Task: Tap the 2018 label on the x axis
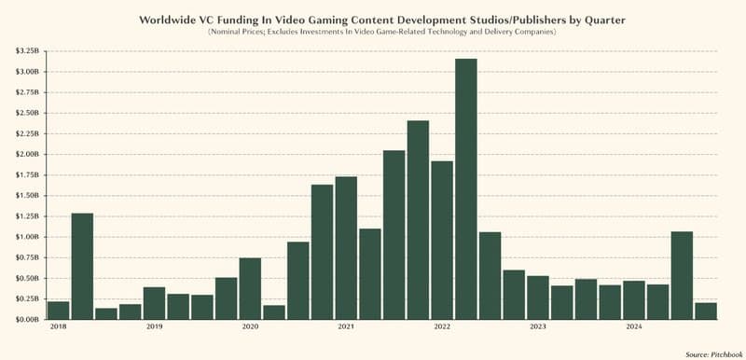point(58,327)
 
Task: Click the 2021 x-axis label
point(346,327)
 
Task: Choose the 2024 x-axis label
point(633,327)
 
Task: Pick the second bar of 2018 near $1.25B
point(82,266)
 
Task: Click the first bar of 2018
point(58,310)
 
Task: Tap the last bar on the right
point(706,311)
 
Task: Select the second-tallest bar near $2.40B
point(418,220)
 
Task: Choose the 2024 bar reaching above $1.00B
point(682,275)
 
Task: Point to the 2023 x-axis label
point(537,327)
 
